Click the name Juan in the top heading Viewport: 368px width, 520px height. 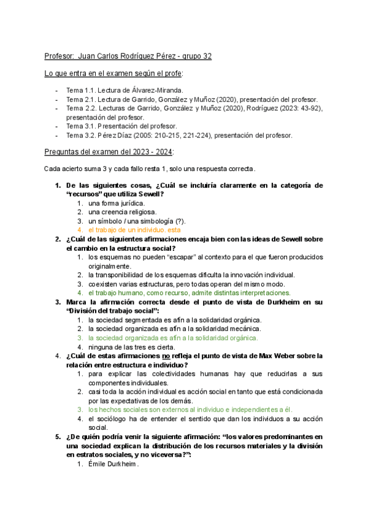(90, 56)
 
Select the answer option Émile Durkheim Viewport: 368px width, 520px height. (113, 464)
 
